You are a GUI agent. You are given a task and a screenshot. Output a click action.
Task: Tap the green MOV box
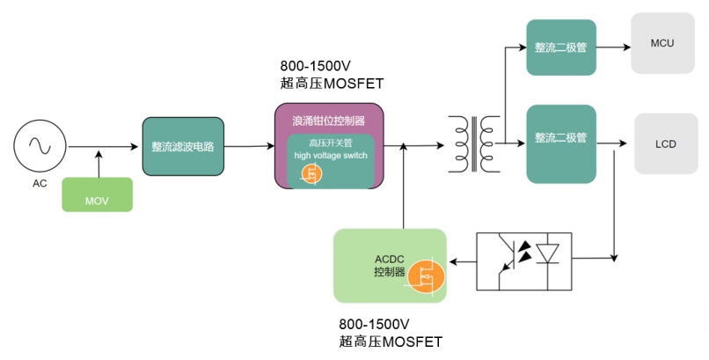point(97,195)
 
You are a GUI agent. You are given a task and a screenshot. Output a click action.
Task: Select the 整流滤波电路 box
point(183,146)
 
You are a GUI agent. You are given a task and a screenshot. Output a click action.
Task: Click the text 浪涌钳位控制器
point(328,120)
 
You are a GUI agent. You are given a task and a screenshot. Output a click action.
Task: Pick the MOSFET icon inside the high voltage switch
point(309,175)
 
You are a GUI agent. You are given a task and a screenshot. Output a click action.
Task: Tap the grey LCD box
point(665,143)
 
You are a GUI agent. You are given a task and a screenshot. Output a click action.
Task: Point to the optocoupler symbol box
point(523,261)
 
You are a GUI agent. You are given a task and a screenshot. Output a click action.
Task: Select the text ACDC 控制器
point(389,266)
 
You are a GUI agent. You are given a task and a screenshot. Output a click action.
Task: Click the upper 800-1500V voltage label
point(314,67)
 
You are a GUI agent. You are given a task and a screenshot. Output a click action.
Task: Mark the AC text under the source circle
point(39,184)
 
